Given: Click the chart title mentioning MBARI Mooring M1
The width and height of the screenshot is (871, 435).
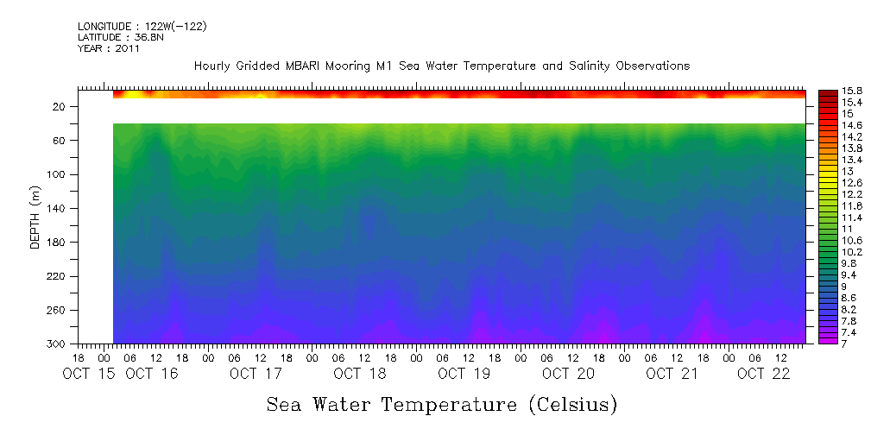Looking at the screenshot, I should click(442, 66).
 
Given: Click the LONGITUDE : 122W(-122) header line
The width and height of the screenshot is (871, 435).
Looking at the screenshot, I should click(142, 27).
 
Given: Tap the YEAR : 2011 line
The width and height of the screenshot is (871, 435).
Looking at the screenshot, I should click(108, 48).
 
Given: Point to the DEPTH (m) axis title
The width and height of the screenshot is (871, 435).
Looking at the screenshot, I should click(35, 217).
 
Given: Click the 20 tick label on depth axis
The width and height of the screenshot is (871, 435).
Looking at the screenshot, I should click(60, 106).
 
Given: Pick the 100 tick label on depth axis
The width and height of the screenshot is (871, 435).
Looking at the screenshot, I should click(57, 174).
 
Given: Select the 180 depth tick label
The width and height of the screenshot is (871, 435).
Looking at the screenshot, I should click(57, 242).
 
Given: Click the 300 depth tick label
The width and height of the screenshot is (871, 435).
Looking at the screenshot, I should click(57, 344).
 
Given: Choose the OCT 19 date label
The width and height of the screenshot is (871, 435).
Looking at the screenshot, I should click(464, 374).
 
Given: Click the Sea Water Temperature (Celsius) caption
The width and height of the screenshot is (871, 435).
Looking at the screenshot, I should click(442, 404).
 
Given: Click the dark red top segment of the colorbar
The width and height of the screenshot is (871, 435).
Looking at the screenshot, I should click(827, 94).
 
